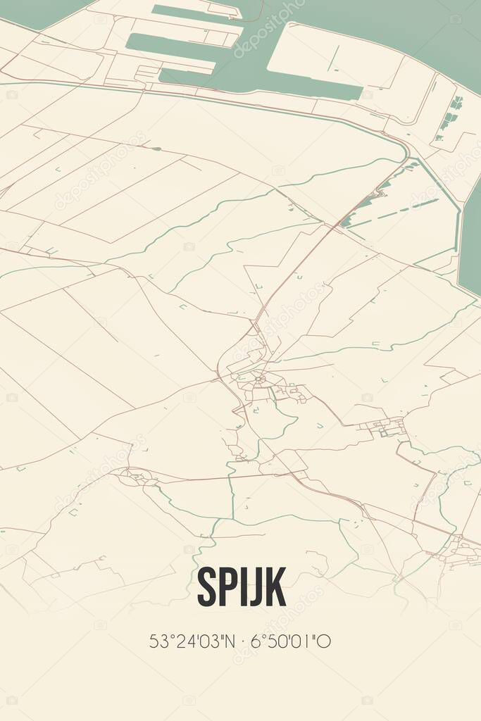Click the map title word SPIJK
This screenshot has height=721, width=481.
tap(242, 586)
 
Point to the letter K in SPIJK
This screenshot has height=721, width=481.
tap(275, 586)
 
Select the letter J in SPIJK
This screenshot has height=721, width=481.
tap(253, 586)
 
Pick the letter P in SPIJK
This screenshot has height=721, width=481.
tap(227, 586)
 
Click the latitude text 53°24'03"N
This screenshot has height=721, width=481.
tap(189, 641)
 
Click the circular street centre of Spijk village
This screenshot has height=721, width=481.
tap(260, 380)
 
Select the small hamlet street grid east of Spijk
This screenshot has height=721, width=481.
tap(384, 427)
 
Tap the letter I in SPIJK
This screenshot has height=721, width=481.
tap(242, 586)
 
